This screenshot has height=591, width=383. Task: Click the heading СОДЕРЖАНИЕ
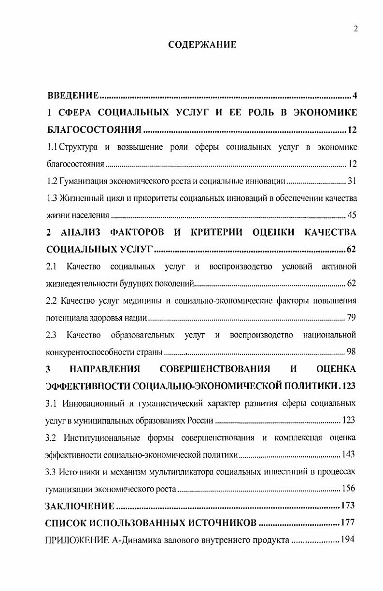point(202,45)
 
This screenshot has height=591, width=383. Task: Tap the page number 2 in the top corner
point(355,29)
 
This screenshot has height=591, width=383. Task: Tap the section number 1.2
point(52,182)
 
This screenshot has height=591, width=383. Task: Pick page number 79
point(351,318)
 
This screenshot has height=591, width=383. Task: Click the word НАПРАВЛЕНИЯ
point(104,369)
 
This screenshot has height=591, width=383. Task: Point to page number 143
point(348,454)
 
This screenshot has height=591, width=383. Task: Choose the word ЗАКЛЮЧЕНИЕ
point(80,506)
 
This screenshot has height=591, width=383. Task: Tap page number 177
point(348,523)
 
